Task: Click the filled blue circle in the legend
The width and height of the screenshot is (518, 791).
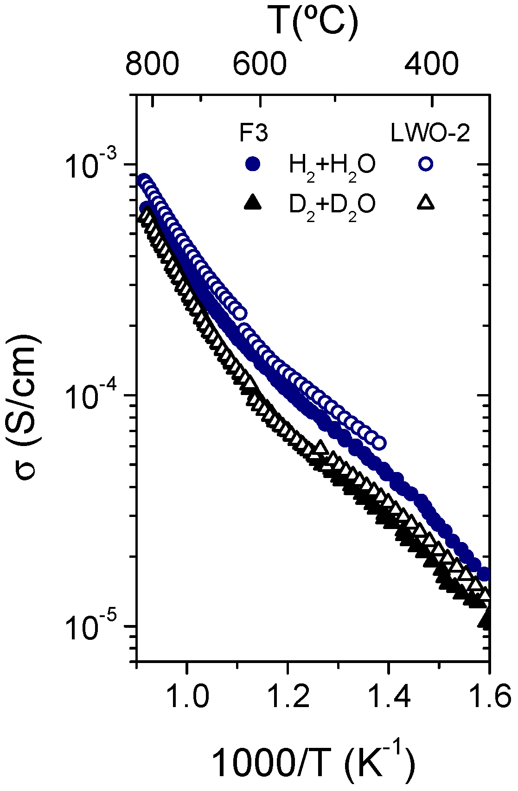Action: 253,164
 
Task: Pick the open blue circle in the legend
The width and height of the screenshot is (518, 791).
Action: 425,164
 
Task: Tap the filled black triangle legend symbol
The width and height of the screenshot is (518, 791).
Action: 253,203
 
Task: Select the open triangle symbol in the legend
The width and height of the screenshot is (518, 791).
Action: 425,203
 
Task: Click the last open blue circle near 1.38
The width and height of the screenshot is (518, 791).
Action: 379,443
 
